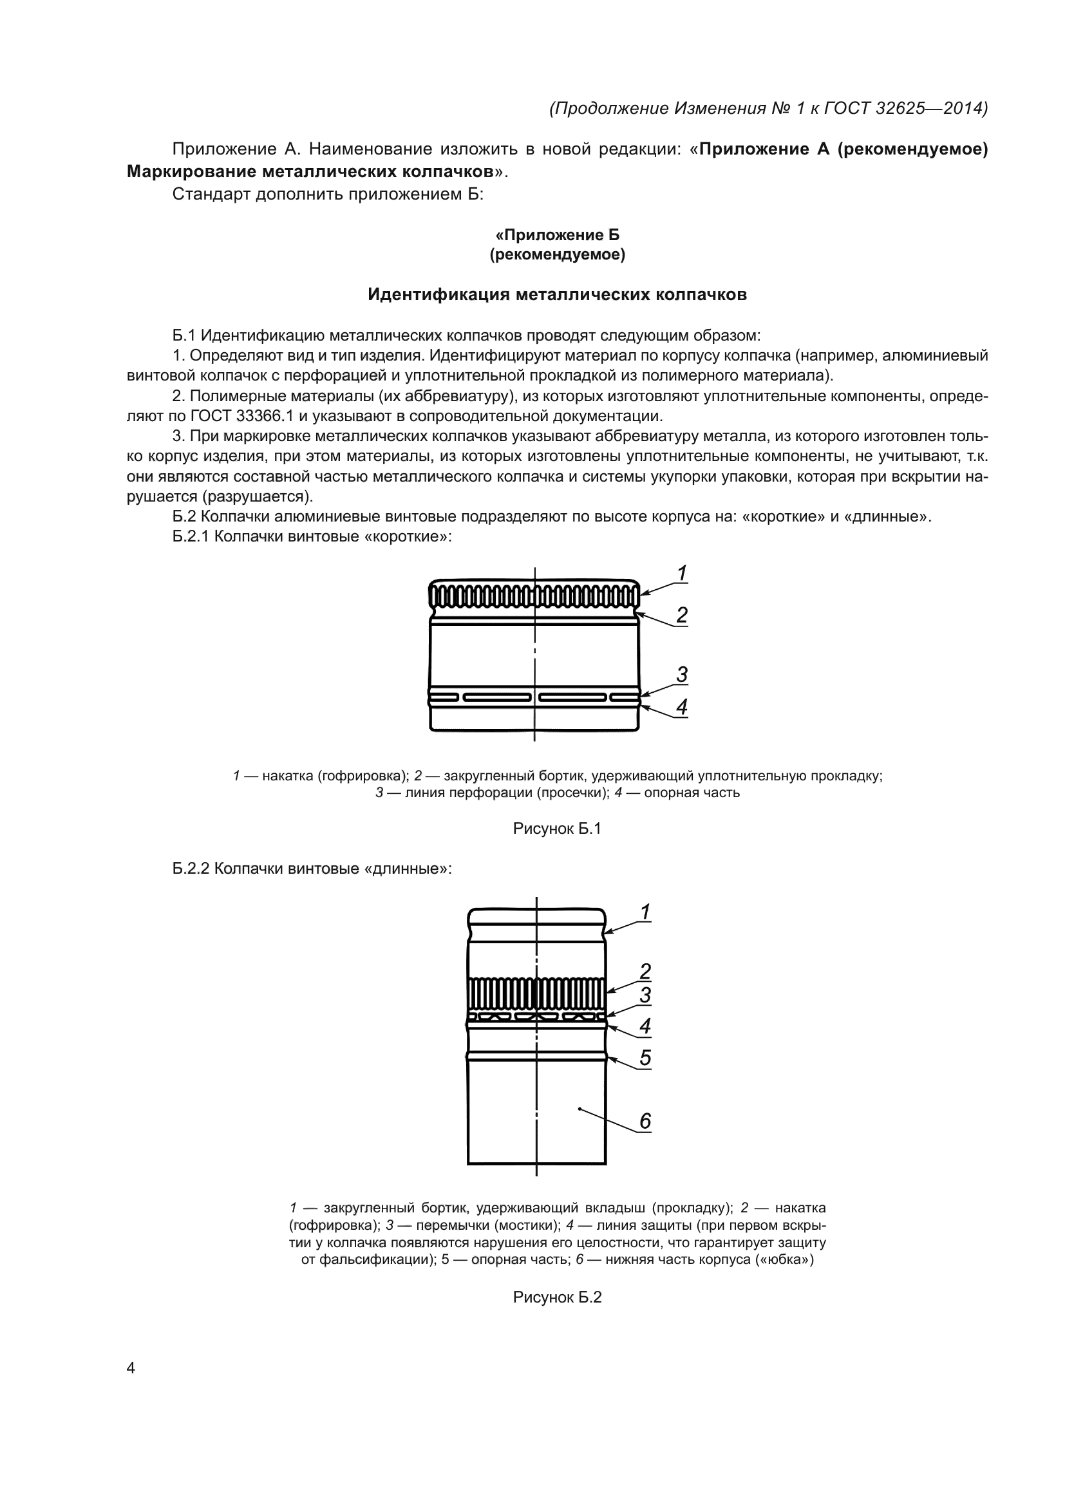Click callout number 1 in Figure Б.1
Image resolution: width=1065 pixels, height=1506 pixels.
681,573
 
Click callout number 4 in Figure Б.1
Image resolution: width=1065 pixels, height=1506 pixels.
681,707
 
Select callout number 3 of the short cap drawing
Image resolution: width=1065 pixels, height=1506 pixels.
681,674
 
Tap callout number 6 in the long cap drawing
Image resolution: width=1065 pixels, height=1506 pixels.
645,1121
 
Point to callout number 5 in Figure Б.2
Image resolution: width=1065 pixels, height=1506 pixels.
645,1057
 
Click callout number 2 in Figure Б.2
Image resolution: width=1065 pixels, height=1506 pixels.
645,971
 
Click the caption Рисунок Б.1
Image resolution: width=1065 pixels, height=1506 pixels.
557,829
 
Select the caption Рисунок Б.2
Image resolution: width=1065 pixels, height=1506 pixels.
557,1297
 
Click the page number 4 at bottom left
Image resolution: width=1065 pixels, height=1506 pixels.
131,1368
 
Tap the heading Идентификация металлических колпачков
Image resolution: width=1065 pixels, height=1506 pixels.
557,295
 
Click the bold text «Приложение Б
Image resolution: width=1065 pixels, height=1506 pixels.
557,235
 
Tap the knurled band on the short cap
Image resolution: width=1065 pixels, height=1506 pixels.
534,596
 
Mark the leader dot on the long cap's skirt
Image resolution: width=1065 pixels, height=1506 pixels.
580,1109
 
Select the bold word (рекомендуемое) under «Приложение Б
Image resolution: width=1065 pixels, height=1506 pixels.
557,254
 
